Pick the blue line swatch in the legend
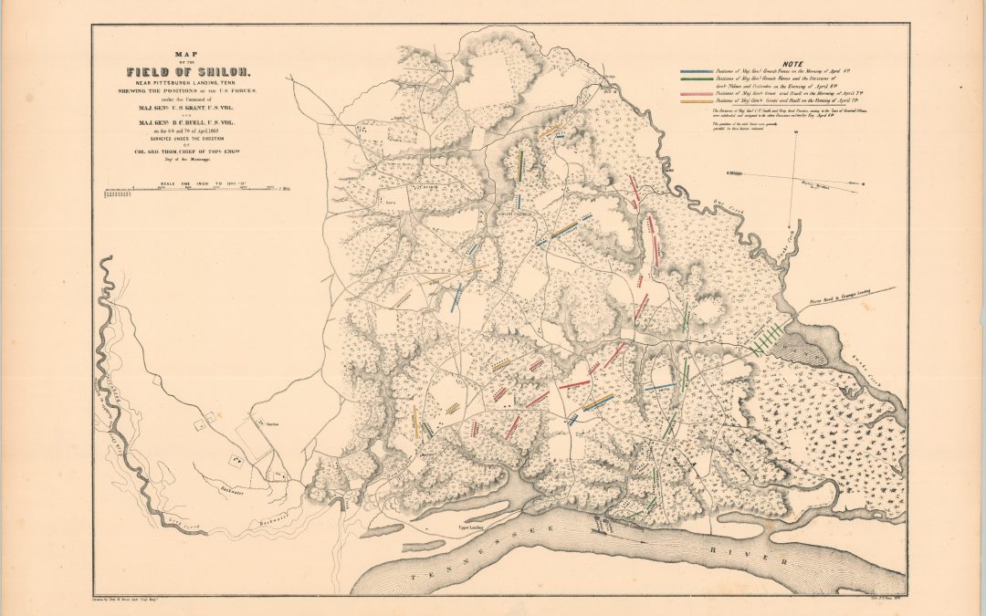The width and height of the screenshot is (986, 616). click(x=704, y=71)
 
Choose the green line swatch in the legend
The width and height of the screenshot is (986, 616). click(x=704, y=79)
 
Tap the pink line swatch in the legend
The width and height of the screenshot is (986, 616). click(x=704, y=93)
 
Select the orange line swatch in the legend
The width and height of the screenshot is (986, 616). click(x=704, y=101)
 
